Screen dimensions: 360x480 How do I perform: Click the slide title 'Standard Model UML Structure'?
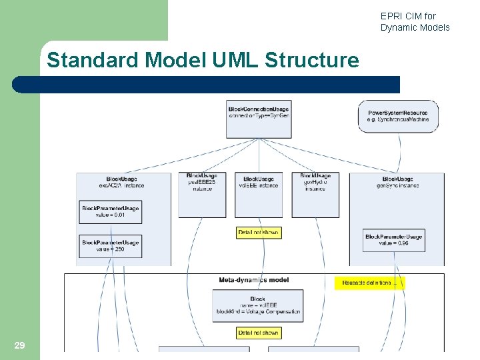click(203, 61)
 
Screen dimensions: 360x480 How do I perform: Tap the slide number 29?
click(19, 345)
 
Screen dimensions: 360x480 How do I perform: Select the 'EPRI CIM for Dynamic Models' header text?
click(415, 21)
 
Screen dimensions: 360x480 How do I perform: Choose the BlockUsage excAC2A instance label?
click(125, 183)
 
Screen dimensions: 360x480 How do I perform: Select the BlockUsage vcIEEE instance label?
click(259, 183)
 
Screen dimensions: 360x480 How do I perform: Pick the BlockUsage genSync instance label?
click(398, 183)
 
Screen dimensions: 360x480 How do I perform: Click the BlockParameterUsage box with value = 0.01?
click(111, 212)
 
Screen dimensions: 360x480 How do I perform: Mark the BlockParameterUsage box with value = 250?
click(111, 245)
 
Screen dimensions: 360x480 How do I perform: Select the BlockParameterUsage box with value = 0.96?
click(393, 240)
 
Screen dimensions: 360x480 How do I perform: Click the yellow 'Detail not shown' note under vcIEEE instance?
click(259, 233)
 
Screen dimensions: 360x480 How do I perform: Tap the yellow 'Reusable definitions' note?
click(369, 283)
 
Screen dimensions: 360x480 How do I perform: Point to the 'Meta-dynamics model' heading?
click(254, 280)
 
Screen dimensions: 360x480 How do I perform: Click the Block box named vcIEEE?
click(258, 305)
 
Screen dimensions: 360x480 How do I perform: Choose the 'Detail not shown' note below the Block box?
click(259, 333)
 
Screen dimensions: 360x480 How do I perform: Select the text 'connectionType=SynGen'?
click(259, 115)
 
